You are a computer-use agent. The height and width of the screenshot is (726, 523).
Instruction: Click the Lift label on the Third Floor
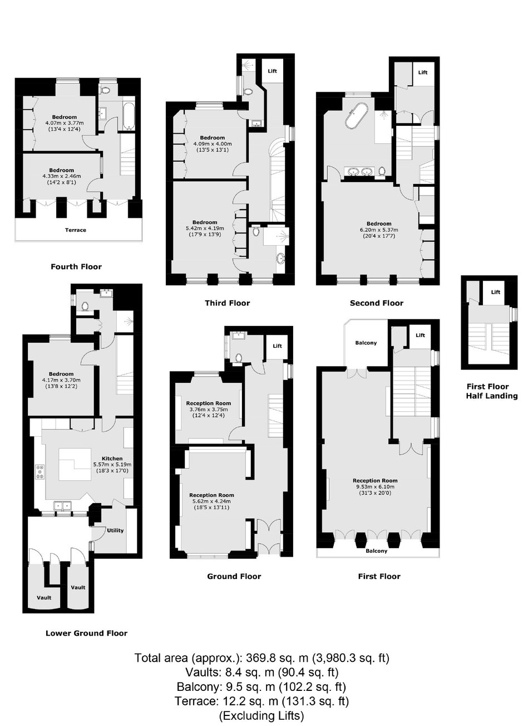[272, 71]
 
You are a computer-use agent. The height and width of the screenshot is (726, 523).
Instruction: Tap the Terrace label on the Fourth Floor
[76, 230]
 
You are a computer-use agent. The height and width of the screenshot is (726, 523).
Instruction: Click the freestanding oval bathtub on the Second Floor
[356, 116]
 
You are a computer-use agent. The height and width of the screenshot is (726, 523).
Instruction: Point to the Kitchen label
[112, 459]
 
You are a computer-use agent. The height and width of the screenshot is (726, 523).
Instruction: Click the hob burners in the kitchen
[40, 471]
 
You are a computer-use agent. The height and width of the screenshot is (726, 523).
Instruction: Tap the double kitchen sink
[62, 505]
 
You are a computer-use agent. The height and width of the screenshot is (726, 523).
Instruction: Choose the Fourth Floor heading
[76, 267]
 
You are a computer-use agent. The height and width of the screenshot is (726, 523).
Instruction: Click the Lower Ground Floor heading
[86, 634]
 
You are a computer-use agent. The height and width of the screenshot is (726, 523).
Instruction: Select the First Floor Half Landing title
[492, 391]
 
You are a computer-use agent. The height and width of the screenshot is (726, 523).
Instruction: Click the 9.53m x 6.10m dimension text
[375, 486]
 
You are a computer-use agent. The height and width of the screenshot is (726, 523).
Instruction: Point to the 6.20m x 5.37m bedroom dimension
[379, 230]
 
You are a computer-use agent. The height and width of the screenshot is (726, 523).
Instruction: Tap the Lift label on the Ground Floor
[277, 346]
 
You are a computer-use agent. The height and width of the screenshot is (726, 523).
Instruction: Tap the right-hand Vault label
[78, 587]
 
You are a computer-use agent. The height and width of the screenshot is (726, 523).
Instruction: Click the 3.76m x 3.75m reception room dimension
[209, 410]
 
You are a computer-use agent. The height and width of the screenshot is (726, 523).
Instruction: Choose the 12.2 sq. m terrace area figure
[250, 701]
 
